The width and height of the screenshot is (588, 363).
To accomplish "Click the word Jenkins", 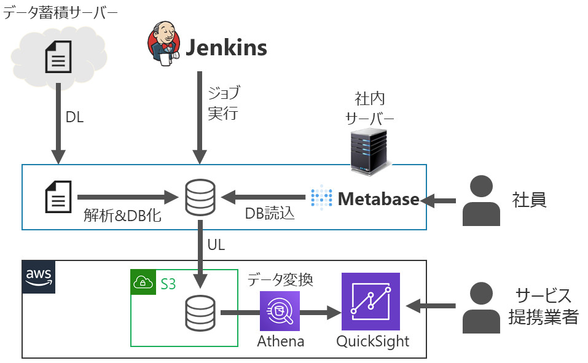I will click(x=226, y=47).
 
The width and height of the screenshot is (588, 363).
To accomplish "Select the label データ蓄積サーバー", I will click(x=60, y=13).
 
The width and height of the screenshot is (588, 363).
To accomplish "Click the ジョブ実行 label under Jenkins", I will click(x=223, y=103).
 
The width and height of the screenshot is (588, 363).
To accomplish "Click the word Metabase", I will click(x=378, y=198).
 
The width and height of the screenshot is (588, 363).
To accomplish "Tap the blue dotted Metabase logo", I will click(x=321, y=197).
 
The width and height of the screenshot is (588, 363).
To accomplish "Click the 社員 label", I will click(x=530, y=200).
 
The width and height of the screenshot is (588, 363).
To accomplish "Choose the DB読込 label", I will click(x=270, y=214).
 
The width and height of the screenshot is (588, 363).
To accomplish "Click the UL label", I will click(x=216, y=244).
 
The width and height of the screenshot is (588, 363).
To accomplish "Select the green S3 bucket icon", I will click(x=143, y=282).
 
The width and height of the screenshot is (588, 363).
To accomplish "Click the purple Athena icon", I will click(x=280, y=311).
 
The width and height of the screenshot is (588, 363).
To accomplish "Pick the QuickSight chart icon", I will click(x=370, y=302).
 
